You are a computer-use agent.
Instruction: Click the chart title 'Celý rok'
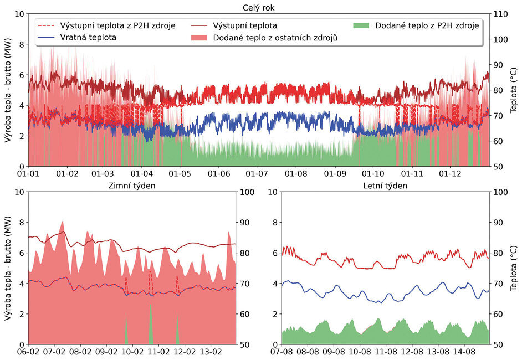[258, 7]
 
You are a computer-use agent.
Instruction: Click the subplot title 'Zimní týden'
[132, 186]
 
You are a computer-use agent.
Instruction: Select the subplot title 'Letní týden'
[385, 186]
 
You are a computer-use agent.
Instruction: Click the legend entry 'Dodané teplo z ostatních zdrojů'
[275, 38]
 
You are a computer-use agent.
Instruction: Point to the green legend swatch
[361, 25]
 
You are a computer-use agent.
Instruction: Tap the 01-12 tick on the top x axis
[449, 174]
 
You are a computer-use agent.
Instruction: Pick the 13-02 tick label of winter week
[211, 352]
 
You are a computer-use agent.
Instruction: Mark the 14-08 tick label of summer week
[464, 352]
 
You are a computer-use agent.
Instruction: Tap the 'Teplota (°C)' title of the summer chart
[514, 268]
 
